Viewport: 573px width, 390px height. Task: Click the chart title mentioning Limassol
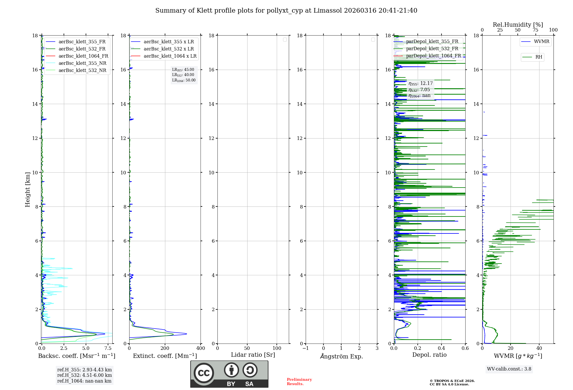[x=286, y=11]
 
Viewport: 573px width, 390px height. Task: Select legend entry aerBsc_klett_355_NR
[x=82, y=63]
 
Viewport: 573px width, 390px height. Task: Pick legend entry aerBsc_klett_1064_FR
[x=83, y=56]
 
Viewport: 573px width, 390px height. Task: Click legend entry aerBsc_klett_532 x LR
[x=168, y=49]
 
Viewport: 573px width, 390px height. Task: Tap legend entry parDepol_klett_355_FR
[x=432, y=42]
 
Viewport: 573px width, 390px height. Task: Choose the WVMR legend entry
[x=541, y=42]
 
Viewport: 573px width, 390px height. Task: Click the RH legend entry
[x=539, y=57]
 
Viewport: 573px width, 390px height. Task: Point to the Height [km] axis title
[x=28, y=190]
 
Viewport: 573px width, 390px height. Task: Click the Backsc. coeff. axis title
[x=77, y=356]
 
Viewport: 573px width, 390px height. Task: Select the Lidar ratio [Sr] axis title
[x=253, y=355]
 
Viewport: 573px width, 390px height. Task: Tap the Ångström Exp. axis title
[x=341, y=356]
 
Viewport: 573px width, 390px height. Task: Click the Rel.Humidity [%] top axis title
[x=518, y=25]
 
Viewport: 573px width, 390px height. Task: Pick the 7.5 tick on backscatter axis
[x=108, y=348]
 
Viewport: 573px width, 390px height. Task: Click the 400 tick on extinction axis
[x=201, y=348]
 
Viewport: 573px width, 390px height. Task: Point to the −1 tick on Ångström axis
[x=306, y=348]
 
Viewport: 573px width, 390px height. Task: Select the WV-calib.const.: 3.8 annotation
[x=509, y=369]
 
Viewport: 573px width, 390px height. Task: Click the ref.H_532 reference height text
[x=85, y=375]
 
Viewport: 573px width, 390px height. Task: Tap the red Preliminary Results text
[x=299, y=382]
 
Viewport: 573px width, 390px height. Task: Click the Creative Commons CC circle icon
[x=204, y=373]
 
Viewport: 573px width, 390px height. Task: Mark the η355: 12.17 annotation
[x=421, y=83]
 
